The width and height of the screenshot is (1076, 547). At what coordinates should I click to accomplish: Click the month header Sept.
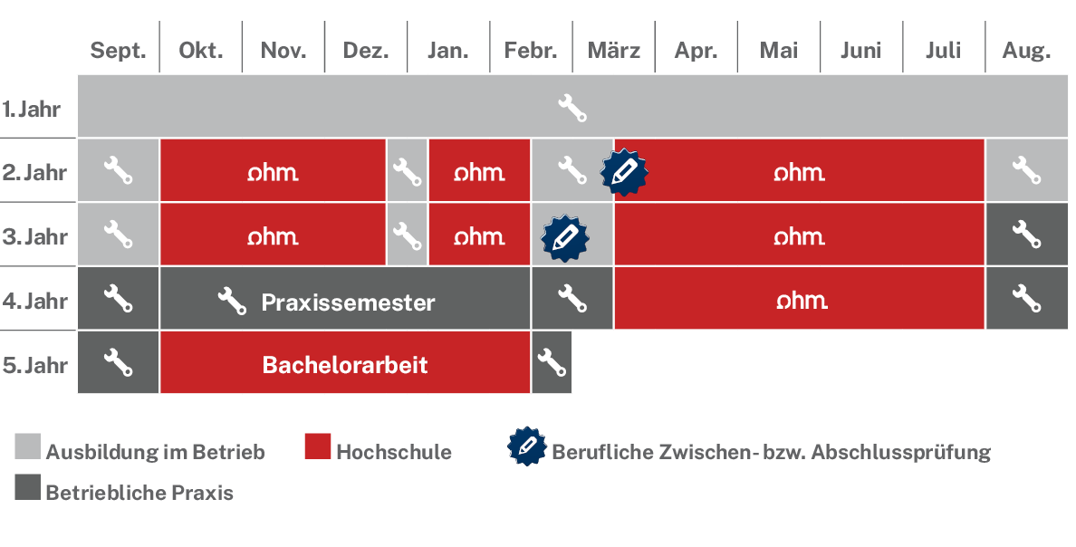coord(118,51)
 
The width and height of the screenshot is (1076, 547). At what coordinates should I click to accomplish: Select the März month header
coord(614,51)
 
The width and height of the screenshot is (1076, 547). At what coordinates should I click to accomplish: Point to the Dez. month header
coord(366,51)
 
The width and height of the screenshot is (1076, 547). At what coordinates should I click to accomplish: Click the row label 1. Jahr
coord(32,109)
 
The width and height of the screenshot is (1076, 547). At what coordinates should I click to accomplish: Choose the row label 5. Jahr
coord(35,364)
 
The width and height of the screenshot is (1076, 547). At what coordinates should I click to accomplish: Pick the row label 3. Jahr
coord(35,236)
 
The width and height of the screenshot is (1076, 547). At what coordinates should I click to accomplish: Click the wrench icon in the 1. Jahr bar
coord(572,108)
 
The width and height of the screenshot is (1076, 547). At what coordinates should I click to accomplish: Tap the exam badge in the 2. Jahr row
coord(624,171)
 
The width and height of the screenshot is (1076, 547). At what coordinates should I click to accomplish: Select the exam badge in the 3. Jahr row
coord(565,238)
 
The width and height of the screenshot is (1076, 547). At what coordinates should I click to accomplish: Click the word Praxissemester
coord(348,302)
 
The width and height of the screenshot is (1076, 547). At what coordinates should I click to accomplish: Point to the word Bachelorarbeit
coord(344,364)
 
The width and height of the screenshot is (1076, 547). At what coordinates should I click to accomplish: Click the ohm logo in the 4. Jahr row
coord(802,300)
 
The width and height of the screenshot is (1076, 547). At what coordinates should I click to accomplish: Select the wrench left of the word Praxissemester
coord(232,301)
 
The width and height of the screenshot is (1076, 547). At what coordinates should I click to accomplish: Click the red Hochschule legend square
coord(318,446)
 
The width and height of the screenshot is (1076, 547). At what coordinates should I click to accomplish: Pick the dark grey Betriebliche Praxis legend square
coord(27,486)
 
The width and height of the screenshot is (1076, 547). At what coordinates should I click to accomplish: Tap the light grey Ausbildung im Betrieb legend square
coord(27,446)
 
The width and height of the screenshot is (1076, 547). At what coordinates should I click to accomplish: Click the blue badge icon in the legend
coord(528,446)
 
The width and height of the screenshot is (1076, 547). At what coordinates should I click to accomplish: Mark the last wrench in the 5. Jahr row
coord(552,362)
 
